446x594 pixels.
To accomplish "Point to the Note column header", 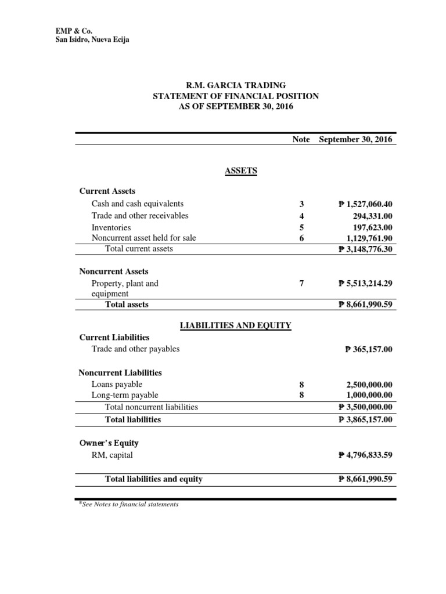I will point(301,139).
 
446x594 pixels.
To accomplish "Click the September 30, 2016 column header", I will point(355,139).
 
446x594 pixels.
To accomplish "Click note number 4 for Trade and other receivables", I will point(301,216).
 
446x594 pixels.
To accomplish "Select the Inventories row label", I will point(111,227).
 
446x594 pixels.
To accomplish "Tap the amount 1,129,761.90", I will point(368,238).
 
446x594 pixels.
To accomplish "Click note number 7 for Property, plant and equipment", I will point(301,284).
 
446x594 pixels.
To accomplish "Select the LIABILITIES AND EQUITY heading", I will point(236,325).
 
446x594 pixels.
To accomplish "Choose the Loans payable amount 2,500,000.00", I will point(368,384).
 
